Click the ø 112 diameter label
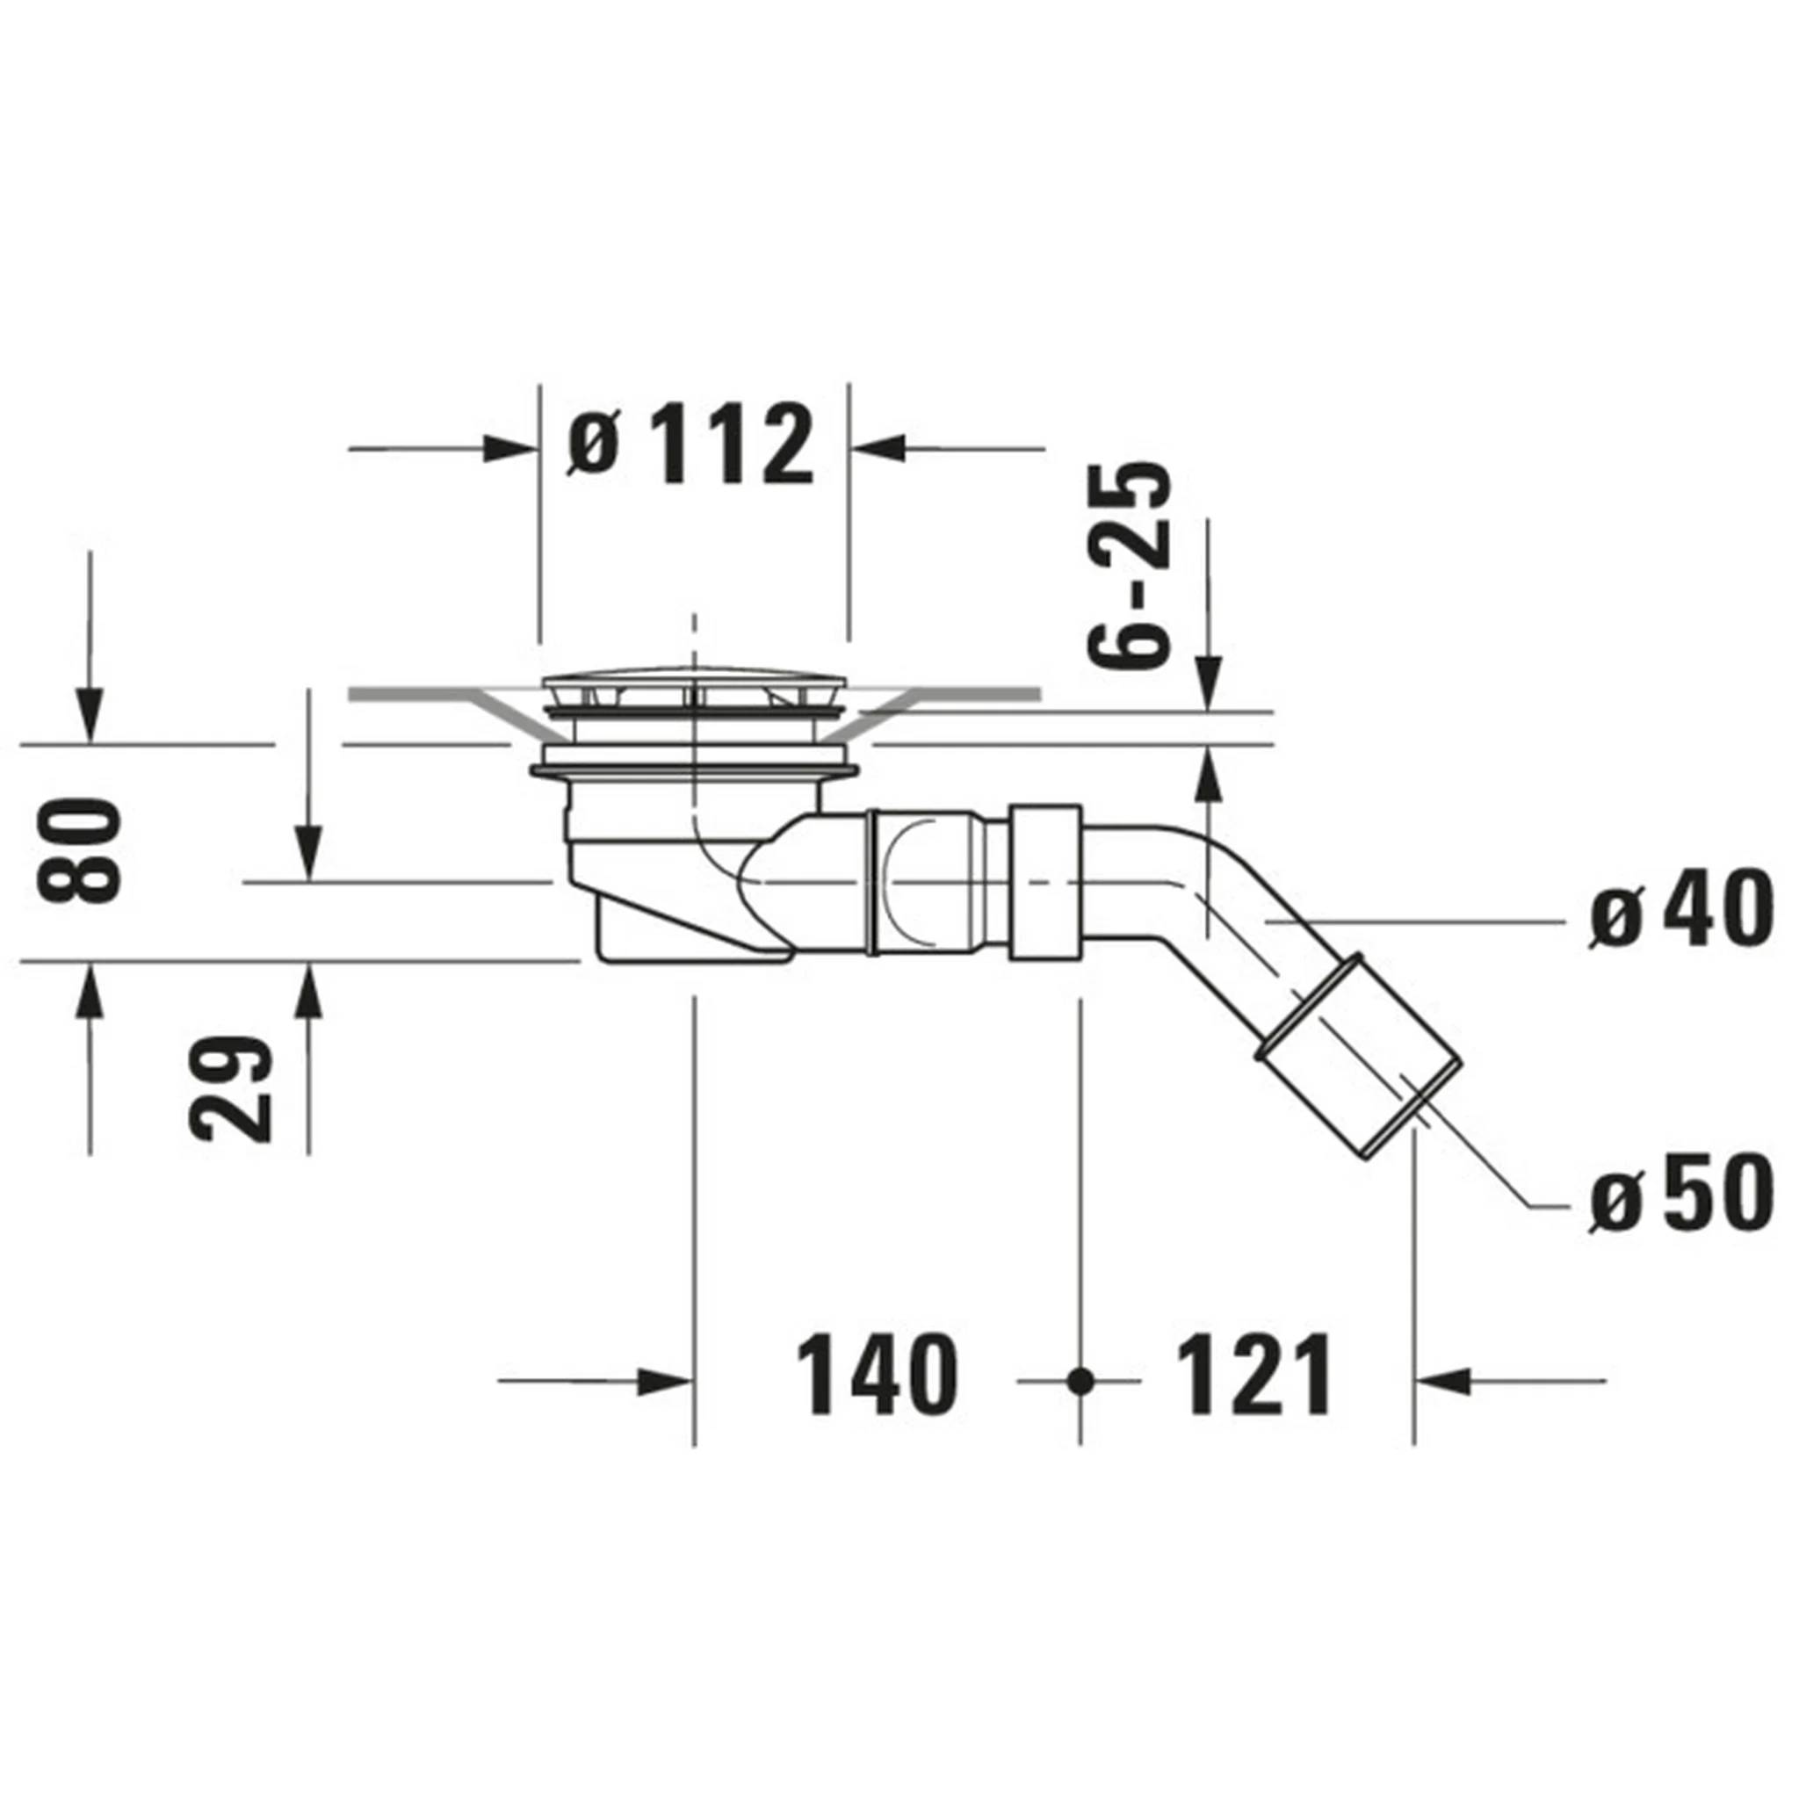coord(691,445)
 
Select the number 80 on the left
coord(79,850)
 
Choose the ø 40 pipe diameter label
coord(1679,909)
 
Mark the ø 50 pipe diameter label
coord(1679,1195)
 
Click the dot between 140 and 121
coord(1080,1382)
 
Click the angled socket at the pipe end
coord(1358,1058)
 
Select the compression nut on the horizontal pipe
coord(1045,882)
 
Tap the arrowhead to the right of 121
coord(1442,1382)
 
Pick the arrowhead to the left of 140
coord(665,1382)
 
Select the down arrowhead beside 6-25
coord(1208,683)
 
